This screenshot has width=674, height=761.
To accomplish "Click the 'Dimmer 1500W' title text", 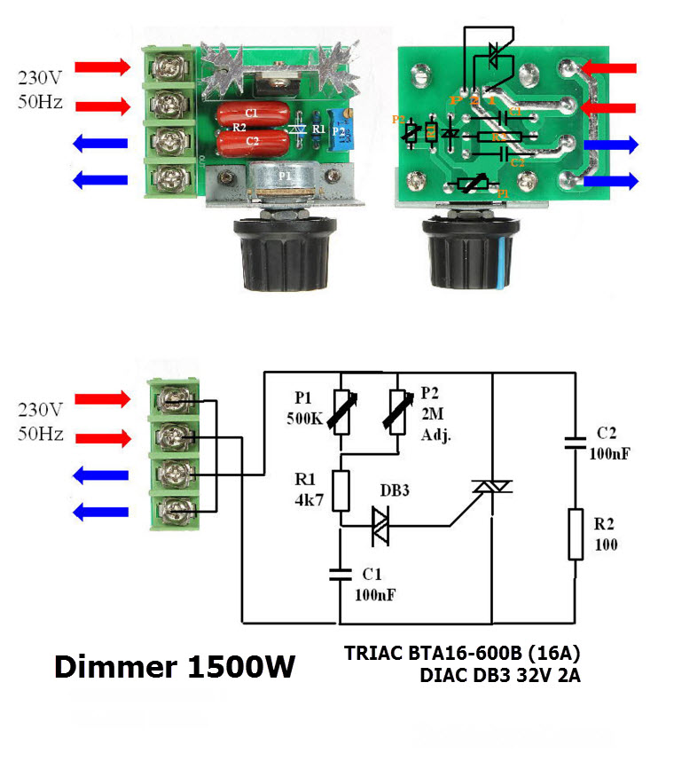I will (175, 667).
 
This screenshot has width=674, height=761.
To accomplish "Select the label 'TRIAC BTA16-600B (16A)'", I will (461, 655).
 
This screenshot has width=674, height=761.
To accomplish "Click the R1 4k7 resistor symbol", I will (340, 490).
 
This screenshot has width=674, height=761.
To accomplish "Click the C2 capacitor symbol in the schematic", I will (576, 441).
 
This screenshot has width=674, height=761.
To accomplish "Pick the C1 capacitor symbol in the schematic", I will (340, 573).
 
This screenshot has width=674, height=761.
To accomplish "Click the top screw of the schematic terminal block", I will (176, 401).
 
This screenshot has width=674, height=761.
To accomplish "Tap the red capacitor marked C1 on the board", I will (251, 114).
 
